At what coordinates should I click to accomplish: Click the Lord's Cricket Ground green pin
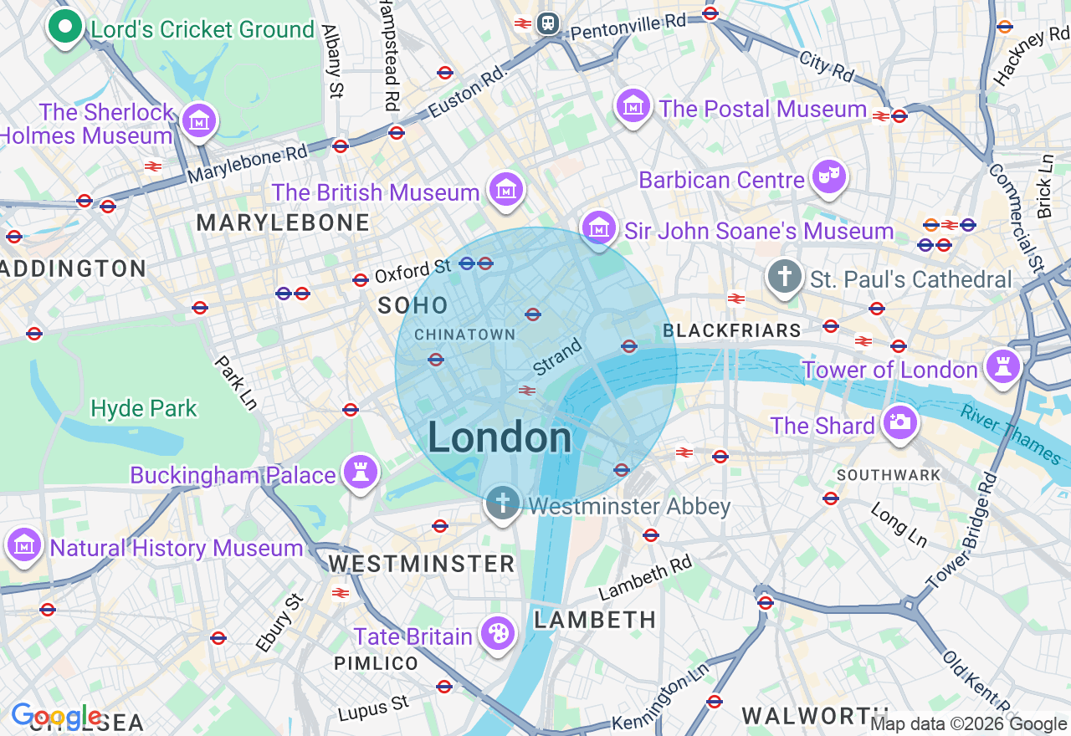(x=64, y=27)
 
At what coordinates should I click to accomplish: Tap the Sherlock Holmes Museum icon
(x=200, y=121)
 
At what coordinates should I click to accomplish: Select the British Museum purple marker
(x=506, y=190)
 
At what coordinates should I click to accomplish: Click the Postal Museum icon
(x=633, y=106)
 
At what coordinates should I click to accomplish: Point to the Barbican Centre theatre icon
(x=829, y=176)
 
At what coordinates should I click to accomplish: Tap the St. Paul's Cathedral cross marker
(x=784, y=277)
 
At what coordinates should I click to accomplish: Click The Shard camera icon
(x=900, y=422)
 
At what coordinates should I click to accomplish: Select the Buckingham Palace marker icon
(x=361, y=473)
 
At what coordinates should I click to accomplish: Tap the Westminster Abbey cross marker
(x=502, y=503)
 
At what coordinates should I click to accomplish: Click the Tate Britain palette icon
(x=499, y=634)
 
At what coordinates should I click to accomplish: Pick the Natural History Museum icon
(x=24, y=545)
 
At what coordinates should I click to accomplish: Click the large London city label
(x=500, y=438)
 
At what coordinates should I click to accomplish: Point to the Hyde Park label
(x=144, y=408)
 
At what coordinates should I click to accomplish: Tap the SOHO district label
(x=413, y=305)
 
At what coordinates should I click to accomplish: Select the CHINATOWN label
(x=465, y=335)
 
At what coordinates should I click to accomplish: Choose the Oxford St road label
(x=413, y=270)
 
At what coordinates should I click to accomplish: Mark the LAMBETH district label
(x=595, y=620)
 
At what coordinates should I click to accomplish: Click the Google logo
(x=56, y=717)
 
